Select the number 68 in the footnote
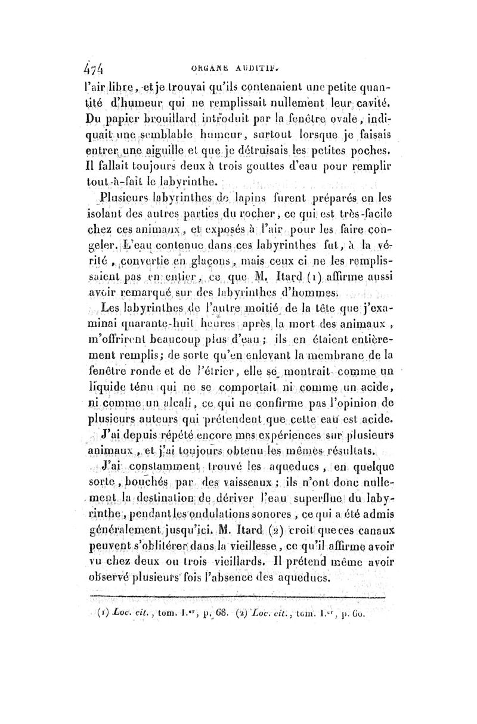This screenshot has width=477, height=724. click(206, 627)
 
